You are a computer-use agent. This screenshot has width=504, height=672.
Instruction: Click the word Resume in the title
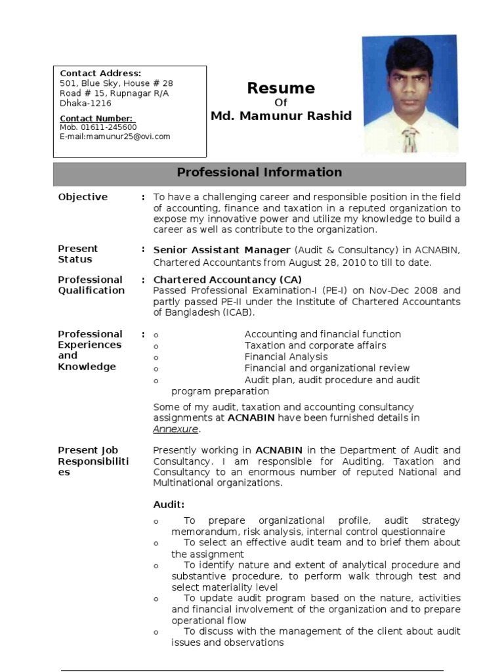[280, 89]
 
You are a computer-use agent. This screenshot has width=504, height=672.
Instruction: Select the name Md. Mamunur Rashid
[281, 116]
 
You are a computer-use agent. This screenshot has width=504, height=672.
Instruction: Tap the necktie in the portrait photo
[409, 139]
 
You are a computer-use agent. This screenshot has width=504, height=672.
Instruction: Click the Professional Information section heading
[259, 173]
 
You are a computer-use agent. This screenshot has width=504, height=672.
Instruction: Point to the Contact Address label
[100, 73]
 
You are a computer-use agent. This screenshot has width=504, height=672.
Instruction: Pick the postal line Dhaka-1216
[85, 103]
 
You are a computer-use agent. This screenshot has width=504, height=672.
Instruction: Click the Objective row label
[83, 197]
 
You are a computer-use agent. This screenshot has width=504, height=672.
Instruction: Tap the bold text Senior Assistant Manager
[221, 250]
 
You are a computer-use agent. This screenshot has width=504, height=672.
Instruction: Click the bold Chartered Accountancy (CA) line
[218, 280]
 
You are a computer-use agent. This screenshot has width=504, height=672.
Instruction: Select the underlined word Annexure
[175, 429]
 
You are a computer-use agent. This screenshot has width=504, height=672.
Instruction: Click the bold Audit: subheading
[169, 505]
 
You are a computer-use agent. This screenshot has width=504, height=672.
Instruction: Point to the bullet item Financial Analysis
[286, 357]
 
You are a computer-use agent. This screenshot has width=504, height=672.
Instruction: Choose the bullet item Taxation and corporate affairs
[315, 346]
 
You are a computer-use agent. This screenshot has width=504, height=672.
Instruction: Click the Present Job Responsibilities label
[93, 461]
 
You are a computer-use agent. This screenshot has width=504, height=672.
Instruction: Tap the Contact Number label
[96, 119]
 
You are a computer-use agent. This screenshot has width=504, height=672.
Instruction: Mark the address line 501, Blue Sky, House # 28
[116, 83]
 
